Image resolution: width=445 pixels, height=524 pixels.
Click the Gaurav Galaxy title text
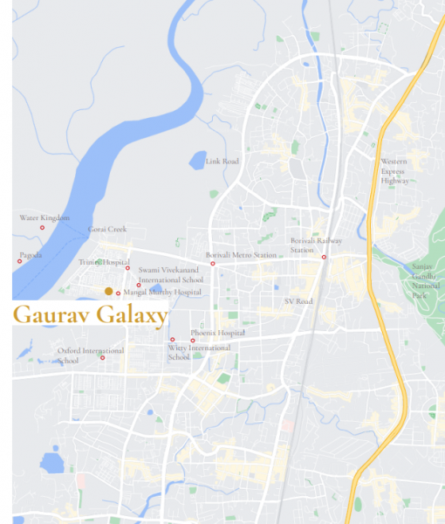pyautogui.click(x=89, y=316)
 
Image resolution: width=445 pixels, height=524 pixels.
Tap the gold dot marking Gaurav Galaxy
pyautogui.click(x=108, y=291)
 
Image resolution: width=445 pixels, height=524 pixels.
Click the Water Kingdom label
pyautogui.click(x=44, y=217)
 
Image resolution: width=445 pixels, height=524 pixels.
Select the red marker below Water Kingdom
pyautogui.click(x=42, y=228)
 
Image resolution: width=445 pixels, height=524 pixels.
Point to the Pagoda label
pyautogui.click(x=31, y=255)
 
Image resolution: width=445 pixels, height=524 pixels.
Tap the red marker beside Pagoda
pyautogui.click(x=19, y=261)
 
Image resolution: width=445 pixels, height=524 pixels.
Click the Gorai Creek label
pyautogui.click(x=107, y=230)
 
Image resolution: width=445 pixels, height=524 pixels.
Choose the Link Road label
pyautogui.click(x=222, y=162)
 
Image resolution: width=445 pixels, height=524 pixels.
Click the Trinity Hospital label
pyautogui.click(x=104, y=262)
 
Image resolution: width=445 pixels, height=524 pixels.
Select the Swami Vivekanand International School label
pyautogui.click(x=170, y=276)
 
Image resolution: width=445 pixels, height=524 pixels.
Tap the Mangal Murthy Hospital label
pyautogui.click(x=162, y=293)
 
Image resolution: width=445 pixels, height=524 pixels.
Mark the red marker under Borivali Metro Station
pyautogui.click(x=213, y=263)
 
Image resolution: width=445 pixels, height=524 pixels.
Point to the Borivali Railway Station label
pyautogui.click(x=316, y=245)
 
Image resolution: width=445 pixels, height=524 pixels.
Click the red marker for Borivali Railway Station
pyautogui.click(x=324, y=257)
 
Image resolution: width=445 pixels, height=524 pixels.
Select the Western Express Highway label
pyautogui.click(x=394, y=170)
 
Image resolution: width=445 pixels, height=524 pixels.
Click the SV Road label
pyautogui.click(x=298, y=301)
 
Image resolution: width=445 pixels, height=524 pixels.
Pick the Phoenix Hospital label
pyautogui.click(x=217, y=333)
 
